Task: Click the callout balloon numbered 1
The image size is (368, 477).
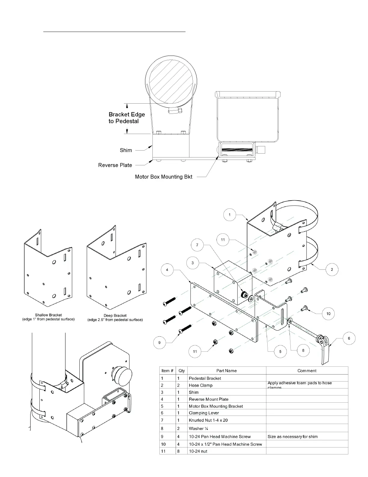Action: [x=230, y=215]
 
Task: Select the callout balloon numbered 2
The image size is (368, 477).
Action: [x=332, y=270]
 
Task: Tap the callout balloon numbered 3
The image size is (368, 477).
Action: [x=192, y=263]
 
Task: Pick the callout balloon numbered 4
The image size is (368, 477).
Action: [x=167, y=270]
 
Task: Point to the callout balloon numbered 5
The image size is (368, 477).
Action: [x=280, y=351]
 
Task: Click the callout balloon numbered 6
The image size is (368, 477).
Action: [x=349, y=338]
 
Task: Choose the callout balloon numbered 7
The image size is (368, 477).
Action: [x=197, y=245]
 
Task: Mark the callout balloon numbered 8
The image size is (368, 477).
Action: [x=303, y=350]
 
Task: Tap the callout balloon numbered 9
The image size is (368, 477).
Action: [x=159, y=342]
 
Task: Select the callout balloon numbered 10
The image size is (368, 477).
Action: [x=328, y=313]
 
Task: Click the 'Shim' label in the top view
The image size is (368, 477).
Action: [x=126, y=150]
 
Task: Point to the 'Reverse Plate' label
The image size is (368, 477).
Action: [x=115, y=165]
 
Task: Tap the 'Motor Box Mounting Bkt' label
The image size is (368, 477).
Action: [x=164, y=177]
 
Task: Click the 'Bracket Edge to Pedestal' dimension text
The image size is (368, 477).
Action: [x=127, y=118]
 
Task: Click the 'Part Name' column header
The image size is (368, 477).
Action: [x=226, y=371]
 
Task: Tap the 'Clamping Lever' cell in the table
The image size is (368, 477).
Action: [x=204, y=413]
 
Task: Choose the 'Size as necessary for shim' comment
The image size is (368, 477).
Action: [x=293, y=436]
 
